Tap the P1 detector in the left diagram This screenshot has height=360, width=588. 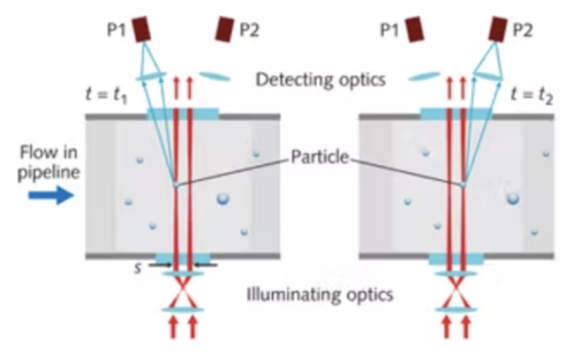pos(141,29)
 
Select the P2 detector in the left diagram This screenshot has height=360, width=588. pos(224,29)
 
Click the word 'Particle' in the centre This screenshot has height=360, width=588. pos(319,157)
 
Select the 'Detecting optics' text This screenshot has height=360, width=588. pos(320,80)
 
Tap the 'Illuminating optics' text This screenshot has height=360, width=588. pos(320,294)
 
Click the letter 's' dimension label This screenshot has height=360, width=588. pos(138,268)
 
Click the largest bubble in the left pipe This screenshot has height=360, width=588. pos(222,198)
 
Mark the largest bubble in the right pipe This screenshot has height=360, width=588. pos(513,198)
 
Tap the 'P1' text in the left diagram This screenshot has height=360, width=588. pos(116,31)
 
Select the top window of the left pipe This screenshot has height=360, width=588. pos(183,114)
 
